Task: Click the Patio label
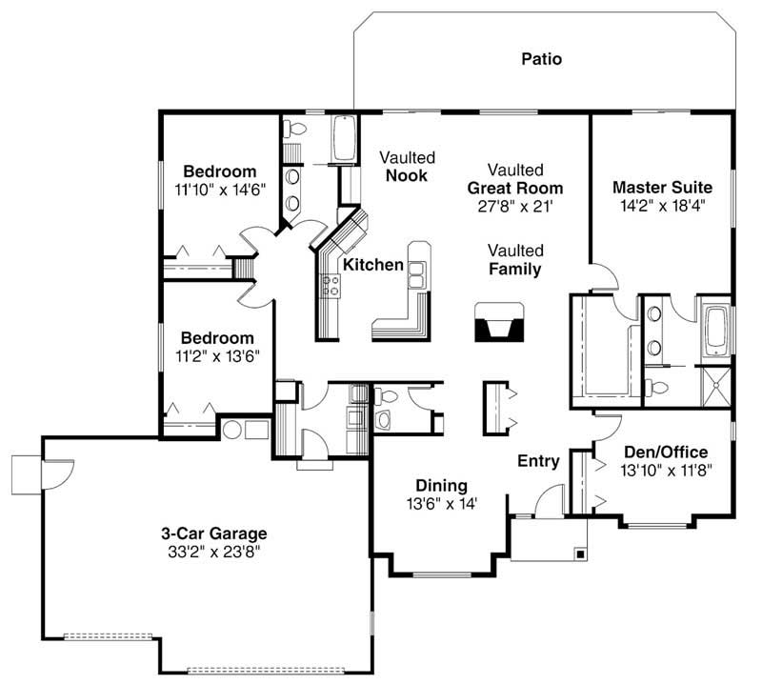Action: tap(541, 59)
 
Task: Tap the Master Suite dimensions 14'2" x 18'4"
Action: tap(662, 204)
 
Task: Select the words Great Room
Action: tap(514, 188)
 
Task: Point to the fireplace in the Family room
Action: tap(498, 322)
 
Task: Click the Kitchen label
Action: tap(373, 265)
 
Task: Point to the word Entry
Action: tap(538, 461)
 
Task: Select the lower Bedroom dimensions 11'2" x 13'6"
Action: tap(218, 355)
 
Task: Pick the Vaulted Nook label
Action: tap(407, 167)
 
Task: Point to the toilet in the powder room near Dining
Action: tap(384, 419)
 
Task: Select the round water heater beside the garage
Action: tap(232, 429)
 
